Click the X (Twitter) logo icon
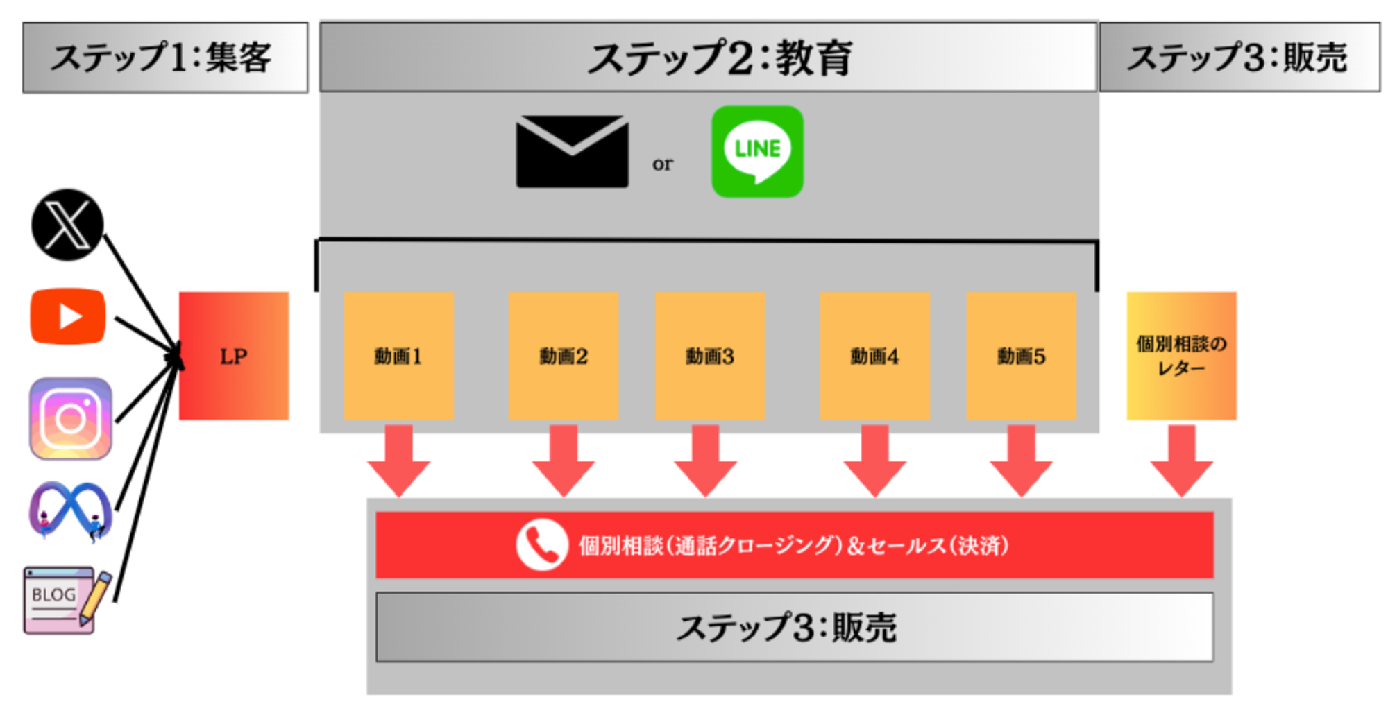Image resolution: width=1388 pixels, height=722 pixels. pos(67,225)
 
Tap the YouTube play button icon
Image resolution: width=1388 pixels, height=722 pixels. pos(68,316)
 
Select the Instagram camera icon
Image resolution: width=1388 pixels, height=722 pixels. pos(70,418)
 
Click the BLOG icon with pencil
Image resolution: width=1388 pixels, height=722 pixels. pos(67,600)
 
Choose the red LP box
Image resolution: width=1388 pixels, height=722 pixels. pos(234,356)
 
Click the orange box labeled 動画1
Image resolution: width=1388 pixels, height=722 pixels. pos(398,356)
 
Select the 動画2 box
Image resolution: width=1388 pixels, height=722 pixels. pos(563,356)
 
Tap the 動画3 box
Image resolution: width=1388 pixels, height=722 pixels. pos(710,356)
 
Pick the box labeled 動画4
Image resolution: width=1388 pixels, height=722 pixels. pos(874,356)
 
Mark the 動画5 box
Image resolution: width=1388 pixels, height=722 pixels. pos(1022,356)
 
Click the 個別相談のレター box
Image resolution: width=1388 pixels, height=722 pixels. pos(1181,356)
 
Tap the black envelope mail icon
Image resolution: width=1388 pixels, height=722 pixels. pos(572,151)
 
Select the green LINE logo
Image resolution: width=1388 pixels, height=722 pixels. pos(757,151)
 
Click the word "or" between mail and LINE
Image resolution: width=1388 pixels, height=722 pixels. pos(663,164)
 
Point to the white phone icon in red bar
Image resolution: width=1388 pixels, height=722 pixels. pos(542,545)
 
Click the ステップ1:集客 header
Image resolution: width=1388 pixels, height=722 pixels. pos(165,57)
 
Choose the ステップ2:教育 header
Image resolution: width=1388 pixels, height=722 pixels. pos(708,57)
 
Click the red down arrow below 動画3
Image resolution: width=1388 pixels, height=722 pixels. pos(705,461)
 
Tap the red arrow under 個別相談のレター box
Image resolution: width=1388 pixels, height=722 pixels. pos(1181,461)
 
